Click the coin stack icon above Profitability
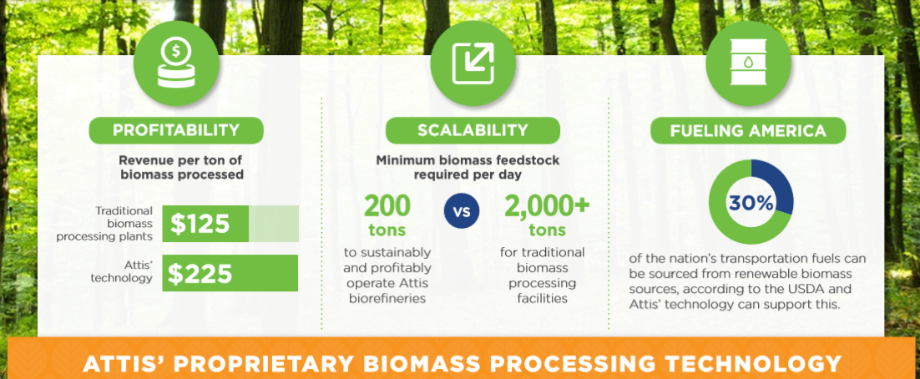[176, 63]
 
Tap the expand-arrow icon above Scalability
[473, 63]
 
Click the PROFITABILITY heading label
[176, 130]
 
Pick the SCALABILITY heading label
[473, 130]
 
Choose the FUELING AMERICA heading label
[748, 130]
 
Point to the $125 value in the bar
[200, 224]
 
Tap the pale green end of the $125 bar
[274, 224]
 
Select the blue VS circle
[462, 210]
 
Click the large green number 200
[387, 206]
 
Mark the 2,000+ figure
[547, 206]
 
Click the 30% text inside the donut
[751, 203]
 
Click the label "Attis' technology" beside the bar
[121, 271]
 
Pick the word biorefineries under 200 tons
[387, 299]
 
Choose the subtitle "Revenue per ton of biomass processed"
[180, 167]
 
